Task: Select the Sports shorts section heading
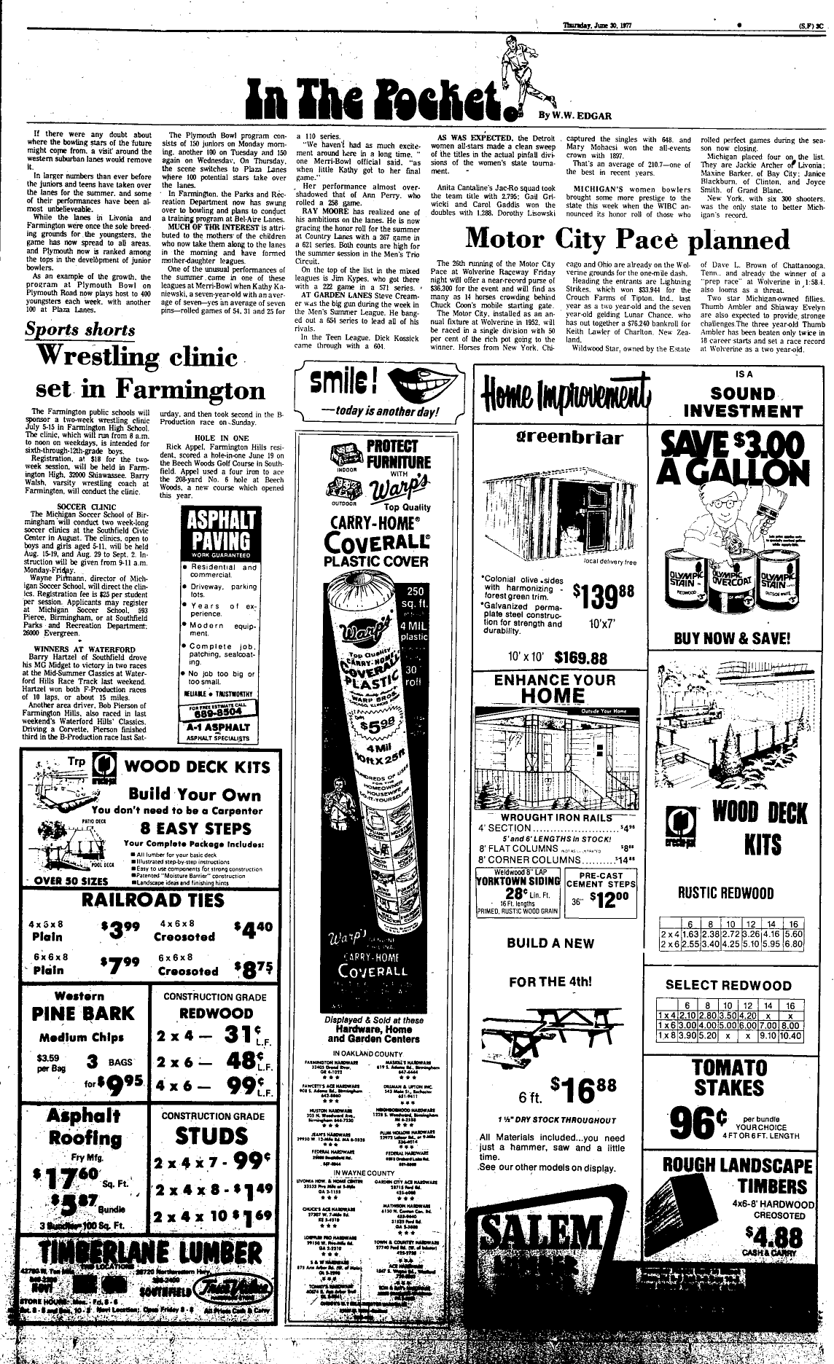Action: pyautogui.click(x=80, y=329)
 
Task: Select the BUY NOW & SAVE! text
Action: pyautogui.click(x=732, y=638)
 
